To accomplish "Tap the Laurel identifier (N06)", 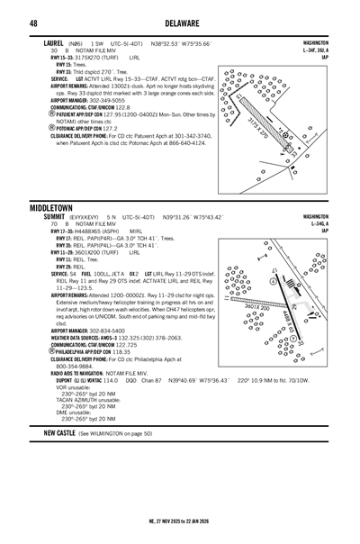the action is tap(77, 42).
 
